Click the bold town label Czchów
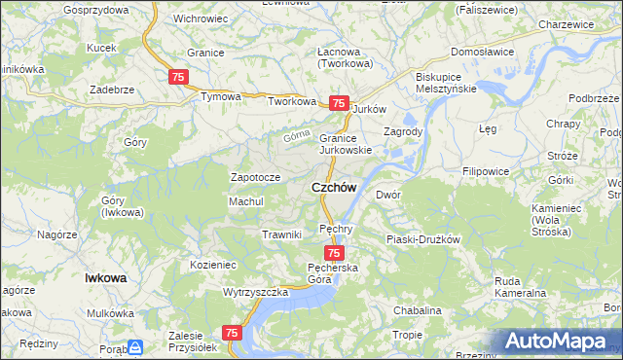[x=333, y=187]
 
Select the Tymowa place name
[x=219, y=97]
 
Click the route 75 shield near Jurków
[x=338, y=103]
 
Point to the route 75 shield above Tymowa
[x=178, y=77]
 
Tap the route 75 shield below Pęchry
[x=334, y=253]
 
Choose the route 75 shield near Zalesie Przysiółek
[x=232, y=333]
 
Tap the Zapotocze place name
[x=255, y=178]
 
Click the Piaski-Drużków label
[x=421, y=238]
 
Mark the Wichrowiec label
[x=201, y=18]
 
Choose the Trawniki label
[x=281, y=234]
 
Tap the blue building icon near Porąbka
[x=136, y=346]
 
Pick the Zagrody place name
[x=402, y=131]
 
